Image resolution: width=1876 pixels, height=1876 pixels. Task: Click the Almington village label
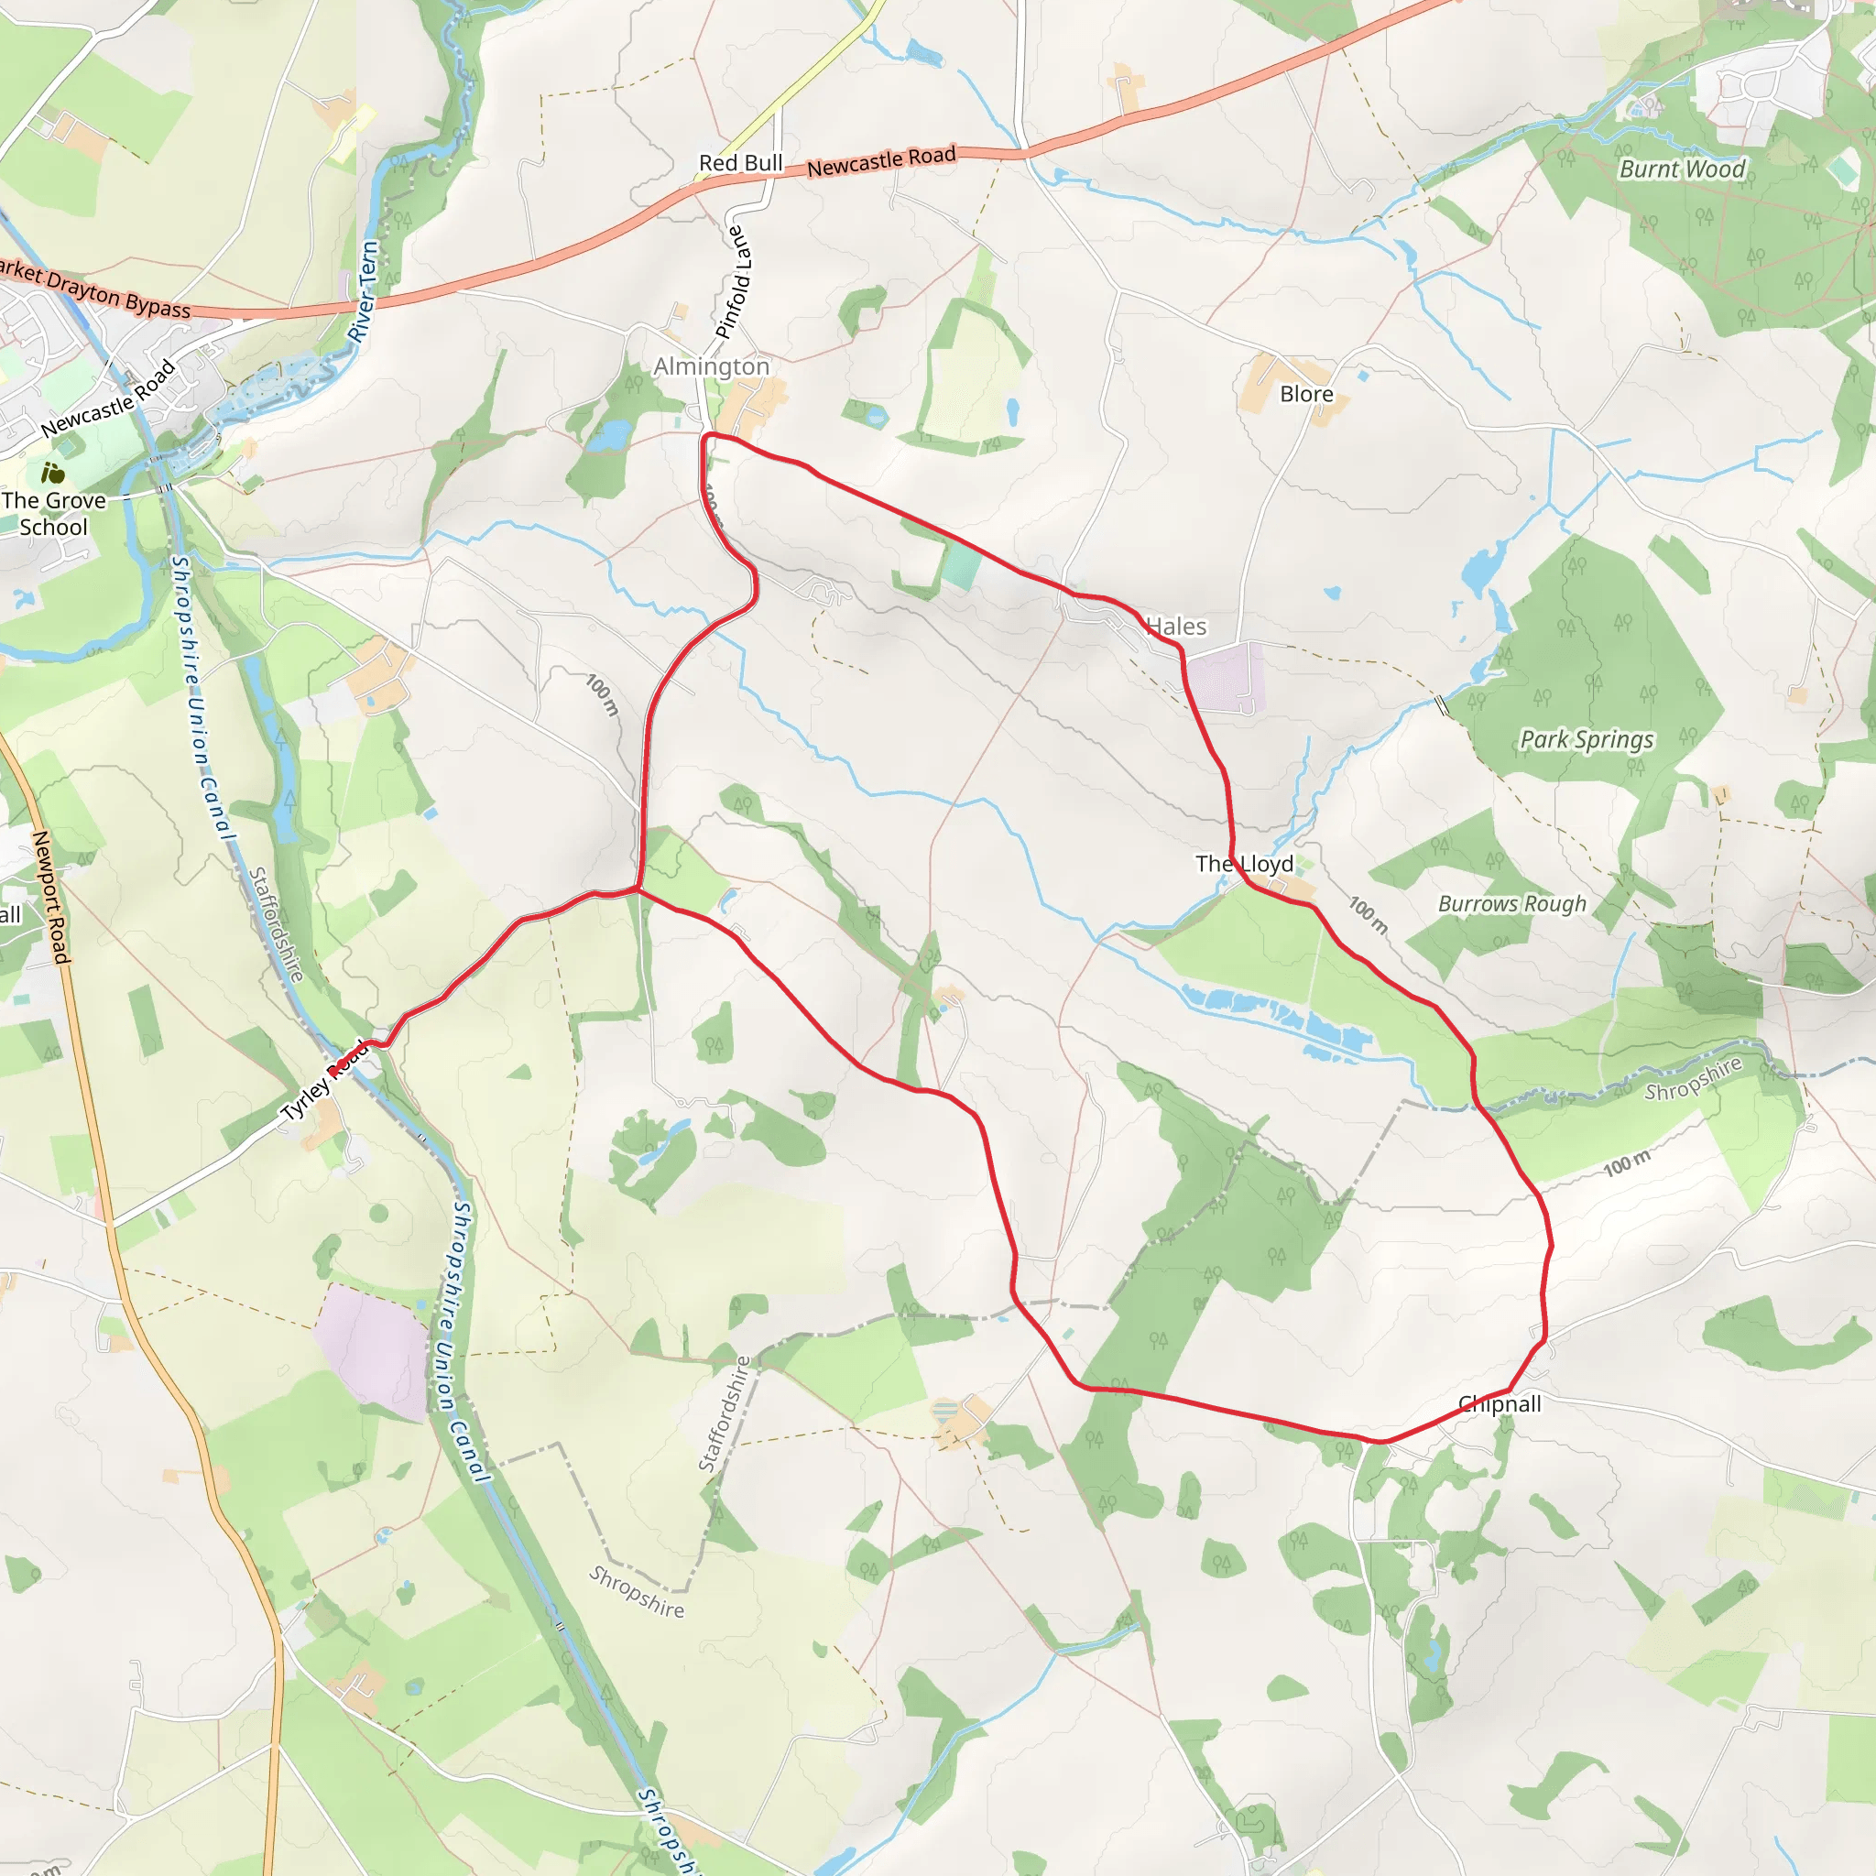click(711, 366)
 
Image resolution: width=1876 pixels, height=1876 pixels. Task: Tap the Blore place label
click(1306, 394)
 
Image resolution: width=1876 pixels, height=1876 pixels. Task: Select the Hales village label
click(1177, 627)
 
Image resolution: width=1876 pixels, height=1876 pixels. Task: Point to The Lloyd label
click(1244, 863)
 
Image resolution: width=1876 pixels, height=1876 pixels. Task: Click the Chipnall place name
click(1500, 1403)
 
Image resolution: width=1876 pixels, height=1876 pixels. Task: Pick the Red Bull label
click(740, 163)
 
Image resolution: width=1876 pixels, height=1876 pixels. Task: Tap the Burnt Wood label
click(1682, 169)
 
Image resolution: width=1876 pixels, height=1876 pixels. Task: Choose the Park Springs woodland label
click(1586, 740)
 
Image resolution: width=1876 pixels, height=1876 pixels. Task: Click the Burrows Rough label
click(1511, 904)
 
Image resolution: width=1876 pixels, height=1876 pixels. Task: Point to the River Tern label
click(363, 291)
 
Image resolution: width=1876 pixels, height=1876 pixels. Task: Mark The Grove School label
click(53, 514)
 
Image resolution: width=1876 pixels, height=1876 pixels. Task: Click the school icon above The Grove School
click(52, 474)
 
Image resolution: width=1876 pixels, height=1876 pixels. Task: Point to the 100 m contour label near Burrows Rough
click(1369, 915)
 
